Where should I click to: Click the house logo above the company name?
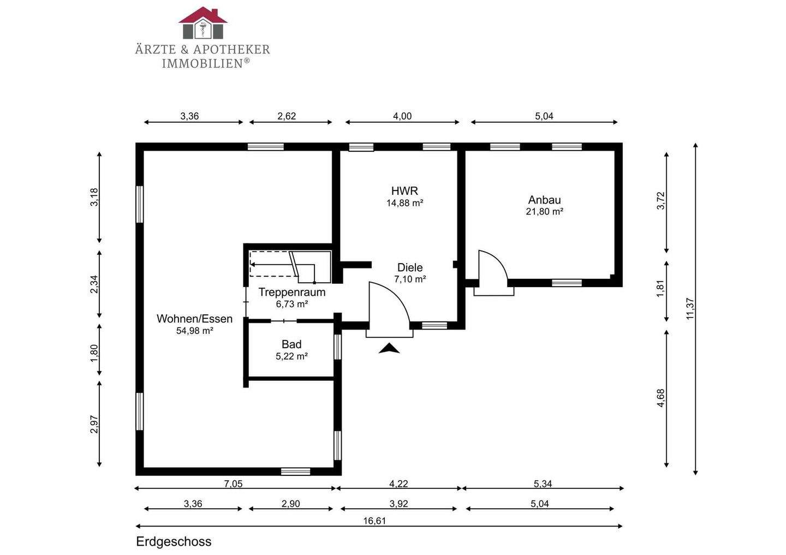click(203, 23)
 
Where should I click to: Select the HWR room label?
click(404, 191)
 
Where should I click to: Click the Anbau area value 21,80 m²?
click(545, 212)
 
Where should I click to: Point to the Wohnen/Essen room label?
click(194, 319)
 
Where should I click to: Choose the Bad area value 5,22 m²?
click(291, 356)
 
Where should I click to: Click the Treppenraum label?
click(292, 292)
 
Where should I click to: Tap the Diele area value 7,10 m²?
click(410, 279)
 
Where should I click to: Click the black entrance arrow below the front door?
click(389, 348)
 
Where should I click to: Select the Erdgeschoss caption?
click(174, 542)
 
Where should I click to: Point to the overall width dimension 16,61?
click(374, 521)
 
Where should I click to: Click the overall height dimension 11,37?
click(690, 308)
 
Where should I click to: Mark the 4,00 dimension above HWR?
click(402, 116)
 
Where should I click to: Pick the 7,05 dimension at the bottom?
click(234, 484)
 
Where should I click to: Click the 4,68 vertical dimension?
click(660, 398)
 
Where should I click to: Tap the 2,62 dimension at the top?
click(287, 116)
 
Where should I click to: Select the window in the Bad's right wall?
click(337, 347)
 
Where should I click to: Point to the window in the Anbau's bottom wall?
click(567, 283)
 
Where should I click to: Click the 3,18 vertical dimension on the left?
click(94, 197)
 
